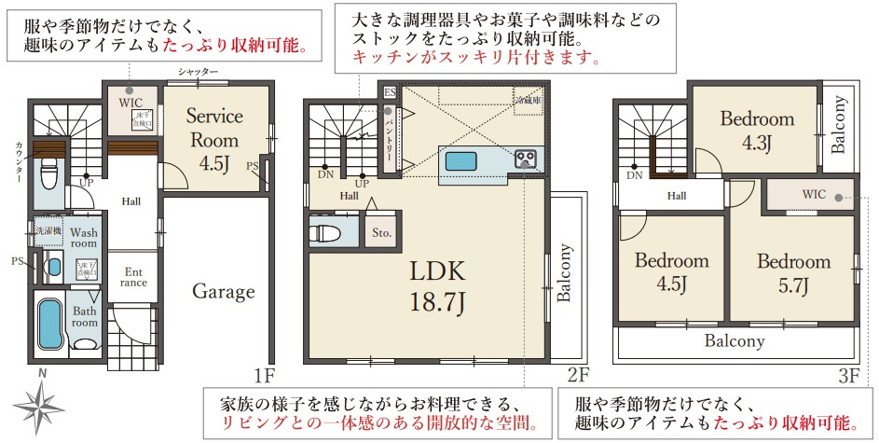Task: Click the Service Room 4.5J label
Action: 214,140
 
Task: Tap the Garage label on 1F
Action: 224,292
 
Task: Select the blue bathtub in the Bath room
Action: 48,323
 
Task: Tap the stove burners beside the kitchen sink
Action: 525,159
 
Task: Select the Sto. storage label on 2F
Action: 382,232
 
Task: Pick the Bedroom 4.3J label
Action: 757,130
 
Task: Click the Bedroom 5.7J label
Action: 793,272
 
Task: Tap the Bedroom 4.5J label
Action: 671,272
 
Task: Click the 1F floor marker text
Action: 265,376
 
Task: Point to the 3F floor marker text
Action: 846,376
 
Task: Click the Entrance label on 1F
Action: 133,277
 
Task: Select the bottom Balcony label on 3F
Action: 735,341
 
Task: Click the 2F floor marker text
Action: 577,376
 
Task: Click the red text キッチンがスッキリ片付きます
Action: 475,58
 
